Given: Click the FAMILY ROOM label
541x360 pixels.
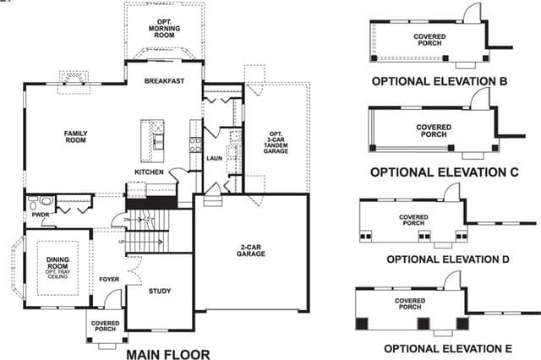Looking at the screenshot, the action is (x=76, y=137).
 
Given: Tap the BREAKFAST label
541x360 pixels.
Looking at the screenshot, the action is (x=164, y=81).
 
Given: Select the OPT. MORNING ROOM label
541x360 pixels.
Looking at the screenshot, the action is (x=164, y=28).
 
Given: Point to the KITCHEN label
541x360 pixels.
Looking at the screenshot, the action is (x=149, y=172).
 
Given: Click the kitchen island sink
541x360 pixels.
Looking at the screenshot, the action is (x=159, y=141).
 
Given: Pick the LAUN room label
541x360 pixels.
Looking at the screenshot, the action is (x=214, y=158).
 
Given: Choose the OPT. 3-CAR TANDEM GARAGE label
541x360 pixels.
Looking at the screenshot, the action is (x=276, y=143).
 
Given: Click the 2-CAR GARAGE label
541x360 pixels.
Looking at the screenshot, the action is (x=251, y=251).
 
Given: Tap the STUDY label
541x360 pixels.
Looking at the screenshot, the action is (x=160, y=291).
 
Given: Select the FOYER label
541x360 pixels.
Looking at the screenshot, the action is (x=109, y=280).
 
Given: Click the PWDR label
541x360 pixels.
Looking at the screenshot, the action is (x=41, y=215).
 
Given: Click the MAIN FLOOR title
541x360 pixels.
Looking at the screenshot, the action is (x=168, y=354).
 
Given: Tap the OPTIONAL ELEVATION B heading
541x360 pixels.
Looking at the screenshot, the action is (x=440, y=81).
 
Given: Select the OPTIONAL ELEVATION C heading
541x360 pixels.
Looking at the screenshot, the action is (x=445, y=172).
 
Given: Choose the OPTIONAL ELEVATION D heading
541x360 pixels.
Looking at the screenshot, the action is (x=448, y=259).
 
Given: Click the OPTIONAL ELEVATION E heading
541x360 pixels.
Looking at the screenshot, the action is (x=448, y=349).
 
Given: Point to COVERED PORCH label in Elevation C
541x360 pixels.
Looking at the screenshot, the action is (x=434, y=131).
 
